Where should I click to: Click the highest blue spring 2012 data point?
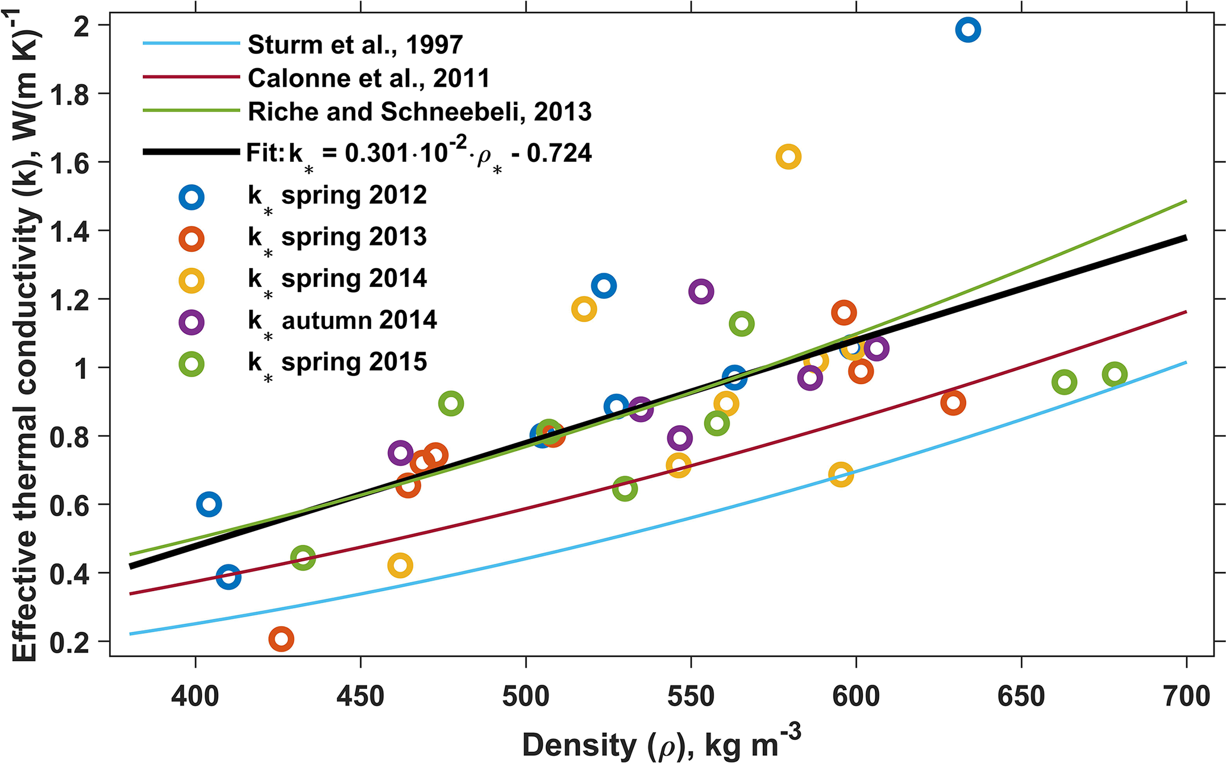[x=968, y=30]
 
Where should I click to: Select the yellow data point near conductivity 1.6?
[x=788, y=157]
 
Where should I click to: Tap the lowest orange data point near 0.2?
[x=281, y=639]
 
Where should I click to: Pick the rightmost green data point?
[x=1115, y=375]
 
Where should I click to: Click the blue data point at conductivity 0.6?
[x=209, y=505]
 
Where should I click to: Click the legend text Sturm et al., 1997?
[x=355, y=44]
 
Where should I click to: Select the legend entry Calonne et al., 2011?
[x=368, y=78]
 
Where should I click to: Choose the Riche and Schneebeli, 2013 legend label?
[x=419, y=111]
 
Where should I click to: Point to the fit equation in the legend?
[x=419, y=154]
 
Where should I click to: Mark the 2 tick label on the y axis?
[x=82, y=26]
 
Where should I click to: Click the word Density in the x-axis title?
[x=570, y=745]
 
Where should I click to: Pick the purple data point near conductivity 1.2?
[x=701, y=292]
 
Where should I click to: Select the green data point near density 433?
[x=303, y=558]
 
